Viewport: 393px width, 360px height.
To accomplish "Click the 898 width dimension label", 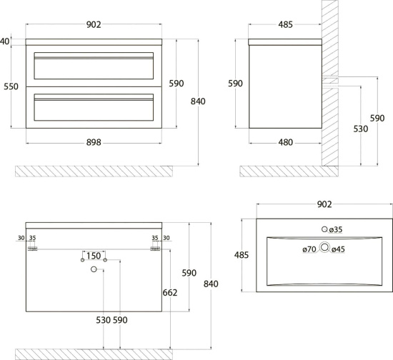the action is (x=94, y=143).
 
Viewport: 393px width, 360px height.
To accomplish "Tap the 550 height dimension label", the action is (x=11, y=86).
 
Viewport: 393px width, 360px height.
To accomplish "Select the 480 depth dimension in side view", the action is (x=286, y=143).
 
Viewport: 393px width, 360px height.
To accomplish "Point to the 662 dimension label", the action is (x=170, y=293).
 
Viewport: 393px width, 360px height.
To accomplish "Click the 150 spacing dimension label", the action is (x=94, y=256).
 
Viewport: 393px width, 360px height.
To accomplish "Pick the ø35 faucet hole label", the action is (x=336, y=229).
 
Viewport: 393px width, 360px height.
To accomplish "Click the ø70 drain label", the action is (x=309, y=249).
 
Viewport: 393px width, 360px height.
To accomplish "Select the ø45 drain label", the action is (x=338, y=249).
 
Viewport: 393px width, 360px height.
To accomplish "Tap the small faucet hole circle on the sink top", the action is (x=324, y=229).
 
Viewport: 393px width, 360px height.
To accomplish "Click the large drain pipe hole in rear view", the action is (x=94, y=269).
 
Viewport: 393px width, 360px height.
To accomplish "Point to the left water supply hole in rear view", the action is (x=82, y=260).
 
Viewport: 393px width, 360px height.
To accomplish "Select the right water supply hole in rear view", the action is (x=105, y=260).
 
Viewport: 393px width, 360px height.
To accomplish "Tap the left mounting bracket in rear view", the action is (x=32, y=249).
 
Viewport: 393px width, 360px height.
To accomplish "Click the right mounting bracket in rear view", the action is (x=155, y=249).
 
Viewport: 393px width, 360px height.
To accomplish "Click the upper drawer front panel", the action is (x=94, y=66).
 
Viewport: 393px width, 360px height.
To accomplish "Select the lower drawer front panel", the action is (x=94, y=107).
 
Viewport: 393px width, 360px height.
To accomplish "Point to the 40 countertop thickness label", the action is (x=5, y=41).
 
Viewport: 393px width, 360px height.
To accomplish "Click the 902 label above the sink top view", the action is (x=324, y=204).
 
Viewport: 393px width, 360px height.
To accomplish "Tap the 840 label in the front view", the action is (x=198, y=101).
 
